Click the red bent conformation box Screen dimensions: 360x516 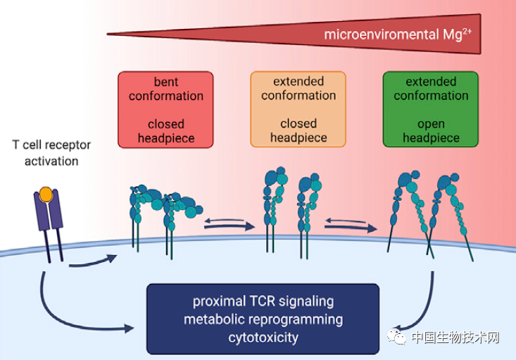[165, 109]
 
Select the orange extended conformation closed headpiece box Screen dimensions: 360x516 [298, 109]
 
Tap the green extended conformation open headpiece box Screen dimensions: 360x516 [430, 109]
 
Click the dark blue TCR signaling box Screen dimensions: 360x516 [263, 318]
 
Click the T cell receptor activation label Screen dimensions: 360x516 [50, 153]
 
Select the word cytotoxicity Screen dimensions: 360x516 [263, 337]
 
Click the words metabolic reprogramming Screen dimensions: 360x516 [263, 319]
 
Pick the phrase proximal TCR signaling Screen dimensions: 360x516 [263, 301]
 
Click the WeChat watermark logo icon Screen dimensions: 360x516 [398, 337]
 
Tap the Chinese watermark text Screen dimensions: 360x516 [455, 337]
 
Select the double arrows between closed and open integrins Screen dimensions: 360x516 [350, 224]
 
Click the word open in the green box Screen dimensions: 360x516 [430, 124]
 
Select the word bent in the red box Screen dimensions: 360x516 [165, 82]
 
